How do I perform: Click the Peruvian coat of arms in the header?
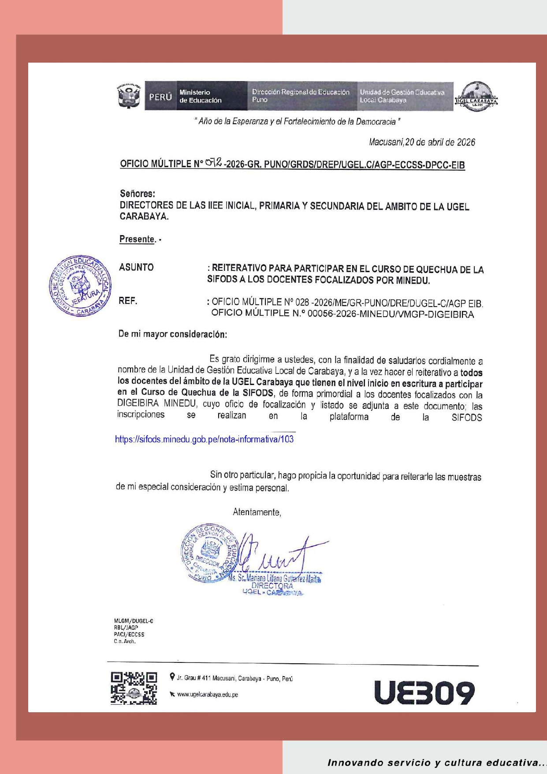[129, 96]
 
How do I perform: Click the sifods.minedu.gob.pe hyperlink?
[204, 439]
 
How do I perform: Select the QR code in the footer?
[134, 688]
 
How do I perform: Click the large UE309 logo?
[424, 692]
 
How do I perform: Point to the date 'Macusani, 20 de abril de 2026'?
[422, 142]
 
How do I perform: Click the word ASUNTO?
[136, 267]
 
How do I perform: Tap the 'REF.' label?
[128, 301]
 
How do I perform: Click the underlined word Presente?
[137, 239]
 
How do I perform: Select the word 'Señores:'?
[138, 193]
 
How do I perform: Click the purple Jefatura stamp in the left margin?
[80, 286]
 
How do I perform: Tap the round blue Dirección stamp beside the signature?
[209, 553]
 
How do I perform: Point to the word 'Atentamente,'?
[257, 512]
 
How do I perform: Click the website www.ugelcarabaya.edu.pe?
[207, 695]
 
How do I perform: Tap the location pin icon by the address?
[172, 677]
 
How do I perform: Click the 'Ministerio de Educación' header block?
[211, 96]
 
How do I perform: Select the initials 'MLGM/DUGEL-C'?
[134, 621]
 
